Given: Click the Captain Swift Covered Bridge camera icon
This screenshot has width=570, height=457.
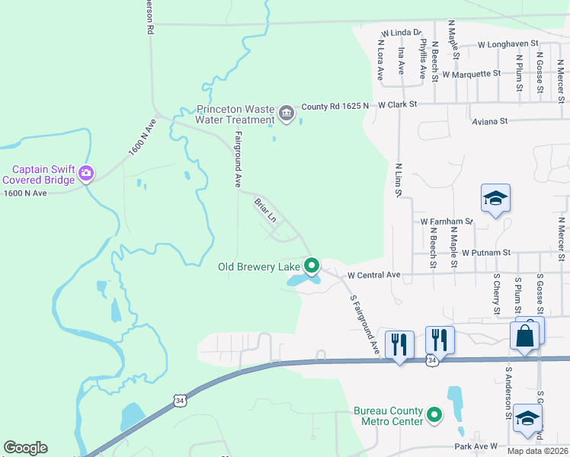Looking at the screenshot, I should pos(86,173).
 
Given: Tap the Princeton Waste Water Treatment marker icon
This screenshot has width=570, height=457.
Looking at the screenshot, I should pos(287,113).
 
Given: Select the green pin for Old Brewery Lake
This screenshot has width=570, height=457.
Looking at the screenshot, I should pos(312,266).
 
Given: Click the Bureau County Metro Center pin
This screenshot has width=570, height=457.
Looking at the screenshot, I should pos(434,415).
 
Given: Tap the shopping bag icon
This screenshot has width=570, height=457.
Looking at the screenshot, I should pos(526,335).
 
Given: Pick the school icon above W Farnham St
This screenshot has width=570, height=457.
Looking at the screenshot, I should pos(495,200).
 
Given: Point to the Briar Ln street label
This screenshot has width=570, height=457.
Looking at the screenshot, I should pos(264,210).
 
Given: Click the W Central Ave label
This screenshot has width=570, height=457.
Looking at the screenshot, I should pos(374,274).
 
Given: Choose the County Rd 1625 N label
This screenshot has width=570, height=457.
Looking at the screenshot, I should pos(335,106).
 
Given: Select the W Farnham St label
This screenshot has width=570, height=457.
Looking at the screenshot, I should pos(447,222).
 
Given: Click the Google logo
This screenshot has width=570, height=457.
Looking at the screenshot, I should pos(25,448).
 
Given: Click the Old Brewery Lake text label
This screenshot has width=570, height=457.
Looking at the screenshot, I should pos(259,267).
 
